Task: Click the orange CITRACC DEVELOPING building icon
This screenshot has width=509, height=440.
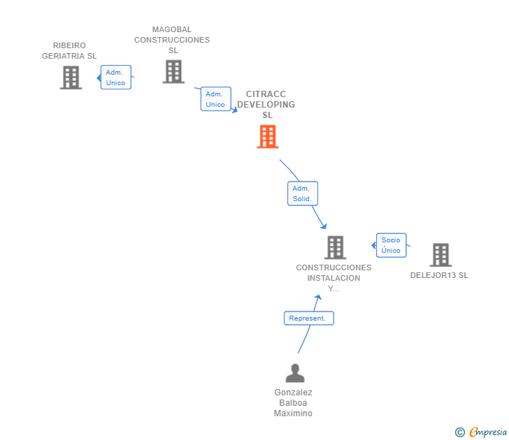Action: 268,137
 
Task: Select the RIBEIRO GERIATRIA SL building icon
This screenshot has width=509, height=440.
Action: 71,78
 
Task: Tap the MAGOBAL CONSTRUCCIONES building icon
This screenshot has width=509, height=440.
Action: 173,71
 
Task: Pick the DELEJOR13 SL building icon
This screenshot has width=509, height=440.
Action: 440,255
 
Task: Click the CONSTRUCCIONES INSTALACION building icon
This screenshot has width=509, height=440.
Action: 335,247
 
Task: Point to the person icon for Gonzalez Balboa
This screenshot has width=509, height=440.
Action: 295,374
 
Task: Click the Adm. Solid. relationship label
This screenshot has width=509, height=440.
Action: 302,193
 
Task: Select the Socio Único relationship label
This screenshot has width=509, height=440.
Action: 391,245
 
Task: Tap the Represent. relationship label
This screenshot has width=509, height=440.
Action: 308,318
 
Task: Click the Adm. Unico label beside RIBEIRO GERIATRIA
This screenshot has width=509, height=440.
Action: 115,78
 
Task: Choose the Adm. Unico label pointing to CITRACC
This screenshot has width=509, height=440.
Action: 215,99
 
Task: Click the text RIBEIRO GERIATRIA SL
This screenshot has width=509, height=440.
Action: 69,51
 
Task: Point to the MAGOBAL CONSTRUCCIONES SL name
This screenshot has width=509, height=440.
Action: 172,40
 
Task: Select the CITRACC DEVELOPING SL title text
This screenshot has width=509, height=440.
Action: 266,105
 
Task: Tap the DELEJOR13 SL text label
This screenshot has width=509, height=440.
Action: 439,275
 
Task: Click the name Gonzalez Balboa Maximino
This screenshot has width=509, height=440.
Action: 294,403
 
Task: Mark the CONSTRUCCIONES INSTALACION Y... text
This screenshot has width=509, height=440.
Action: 334,278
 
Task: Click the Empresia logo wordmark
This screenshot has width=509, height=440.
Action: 488,432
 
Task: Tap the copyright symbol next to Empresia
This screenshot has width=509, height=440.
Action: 460,432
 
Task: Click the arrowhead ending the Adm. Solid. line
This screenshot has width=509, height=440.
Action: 324,226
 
